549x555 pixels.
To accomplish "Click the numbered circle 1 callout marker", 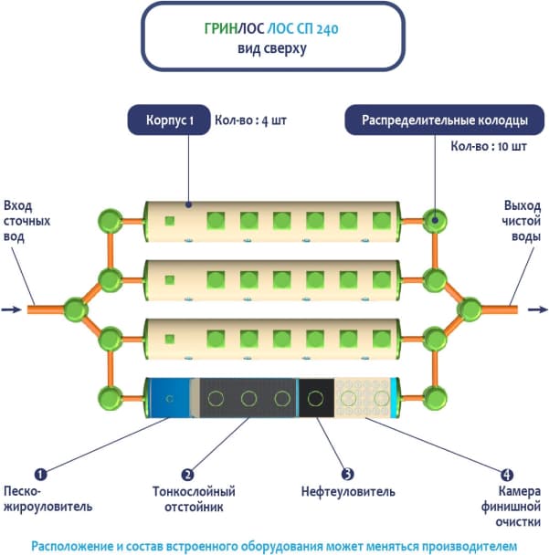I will (40, 475).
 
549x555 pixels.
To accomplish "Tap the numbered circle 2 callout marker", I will (187, 475).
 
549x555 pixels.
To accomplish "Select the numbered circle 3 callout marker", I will (347, 475).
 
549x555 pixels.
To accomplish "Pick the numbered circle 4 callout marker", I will (507, 475).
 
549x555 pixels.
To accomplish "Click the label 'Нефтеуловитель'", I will (348, 492).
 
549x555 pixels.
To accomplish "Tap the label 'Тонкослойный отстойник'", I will (187, 499).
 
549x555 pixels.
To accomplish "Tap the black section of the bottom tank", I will (316, 398).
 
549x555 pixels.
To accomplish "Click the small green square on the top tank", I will (170, 220).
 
